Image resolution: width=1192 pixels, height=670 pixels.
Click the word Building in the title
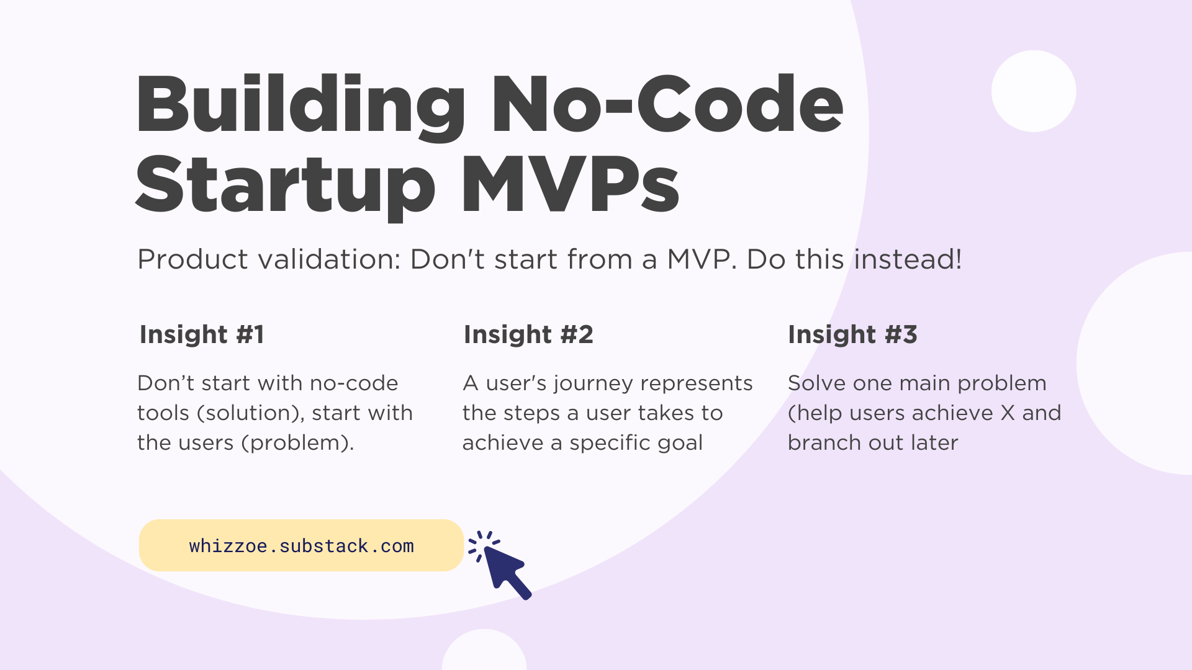pyautogui.click(x=300, y=105)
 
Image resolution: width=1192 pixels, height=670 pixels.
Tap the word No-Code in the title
pyautogui.click(x=667, y=105)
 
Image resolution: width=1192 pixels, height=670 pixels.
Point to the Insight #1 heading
pyautogui.click(x=202, y=334)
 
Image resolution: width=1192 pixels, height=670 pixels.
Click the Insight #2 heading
pyautogui.click(x=528, y=334)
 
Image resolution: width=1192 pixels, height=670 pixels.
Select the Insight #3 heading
pyautogui.click(x=852, y=334)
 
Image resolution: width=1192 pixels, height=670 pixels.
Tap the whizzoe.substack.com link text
pyautogui.click(x=301, y=546)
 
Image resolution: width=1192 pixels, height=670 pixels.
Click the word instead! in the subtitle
pyautogui.click(x=908, y=259)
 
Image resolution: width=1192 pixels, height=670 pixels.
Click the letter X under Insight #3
pyautogui.click(x=1008, y=413)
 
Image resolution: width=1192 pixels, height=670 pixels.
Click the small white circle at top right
pyautogui.click(x=1033, y=91)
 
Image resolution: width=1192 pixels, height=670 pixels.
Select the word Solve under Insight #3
pyautogui.click(x=816, y=383)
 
